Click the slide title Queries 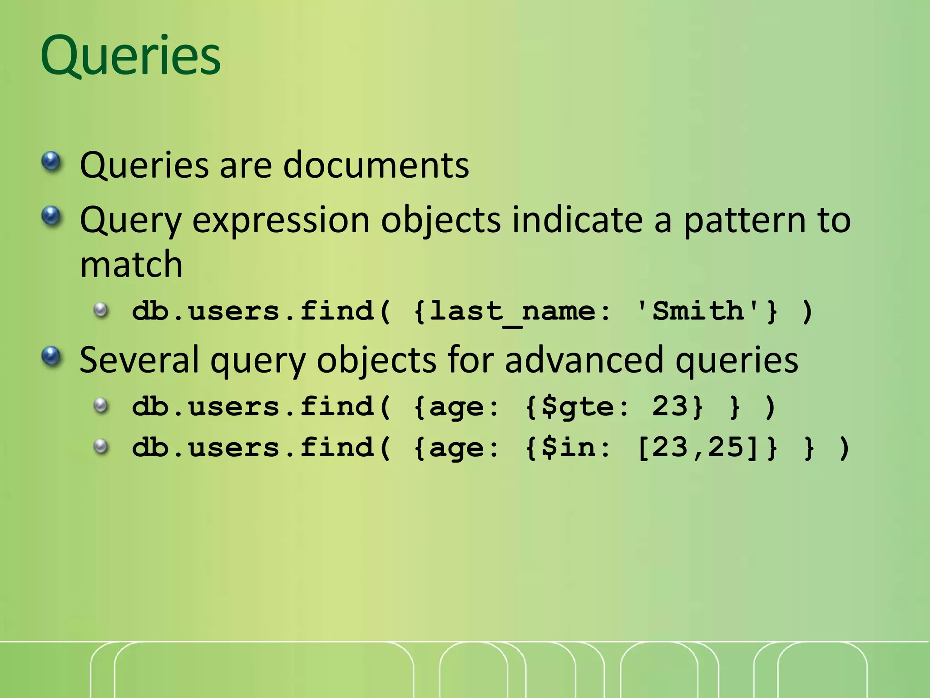coord(130,55)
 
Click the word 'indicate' coord(578,220)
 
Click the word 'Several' coord(139,359)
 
